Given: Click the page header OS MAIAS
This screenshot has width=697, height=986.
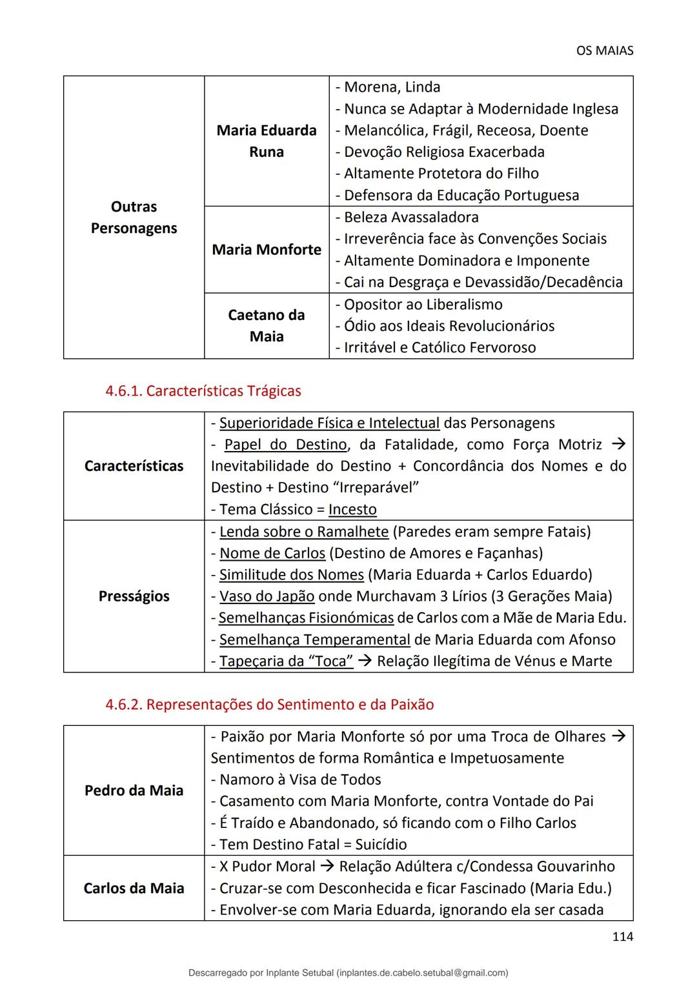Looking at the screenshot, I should (x=604, y=50).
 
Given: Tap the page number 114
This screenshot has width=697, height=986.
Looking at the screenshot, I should (x=622, y=936).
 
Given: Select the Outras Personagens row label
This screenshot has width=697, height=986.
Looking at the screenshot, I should (x=134, y=217).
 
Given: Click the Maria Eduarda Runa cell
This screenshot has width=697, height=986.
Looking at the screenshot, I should (x=267, y=141).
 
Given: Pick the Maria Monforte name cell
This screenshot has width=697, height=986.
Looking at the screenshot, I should (x=267, y=250).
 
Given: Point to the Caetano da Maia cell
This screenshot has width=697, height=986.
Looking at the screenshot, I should (x=267, y=326).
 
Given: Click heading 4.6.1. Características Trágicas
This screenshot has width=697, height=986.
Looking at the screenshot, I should (x=203, y=391).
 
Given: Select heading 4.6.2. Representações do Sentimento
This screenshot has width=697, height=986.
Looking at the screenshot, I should (x=269, y=705).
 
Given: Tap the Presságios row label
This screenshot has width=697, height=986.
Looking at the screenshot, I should (x=134, y=596).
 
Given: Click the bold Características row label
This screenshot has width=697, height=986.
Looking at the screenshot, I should (x=134, y=466).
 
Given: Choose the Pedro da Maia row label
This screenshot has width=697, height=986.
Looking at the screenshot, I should (x=134, y=790).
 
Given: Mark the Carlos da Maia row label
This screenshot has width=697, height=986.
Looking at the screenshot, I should (x=134, y=889).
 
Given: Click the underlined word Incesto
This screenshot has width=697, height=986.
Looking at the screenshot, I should (x=352, y=510).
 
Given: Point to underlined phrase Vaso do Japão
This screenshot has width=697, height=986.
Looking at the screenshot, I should (x=267, y=596).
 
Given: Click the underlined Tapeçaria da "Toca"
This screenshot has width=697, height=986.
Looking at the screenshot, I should (x=286, y=661).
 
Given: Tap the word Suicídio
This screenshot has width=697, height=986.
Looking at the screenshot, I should (x=381, y=845).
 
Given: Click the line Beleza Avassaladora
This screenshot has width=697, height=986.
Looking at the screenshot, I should (x=410, y=217).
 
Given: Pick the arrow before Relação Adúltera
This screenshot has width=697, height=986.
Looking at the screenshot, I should (x=327, y=867).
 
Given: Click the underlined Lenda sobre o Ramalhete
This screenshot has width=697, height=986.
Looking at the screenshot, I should (x=303, y=532).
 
